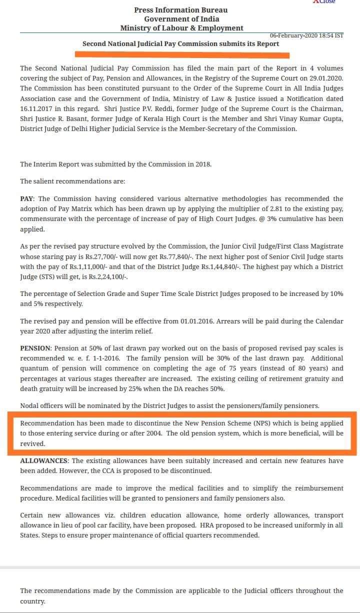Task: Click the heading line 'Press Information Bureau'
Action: [180, 10]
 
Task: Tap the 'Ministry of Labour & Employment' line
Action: [181, 28]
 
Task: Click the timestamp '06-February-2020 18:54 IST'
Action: [306, 36]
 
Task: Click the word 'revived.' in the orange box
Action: [32, 443]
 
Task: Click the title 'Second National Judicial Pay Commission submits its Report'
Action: [180, 44]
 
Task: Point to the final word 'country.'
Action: [32, 601]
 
